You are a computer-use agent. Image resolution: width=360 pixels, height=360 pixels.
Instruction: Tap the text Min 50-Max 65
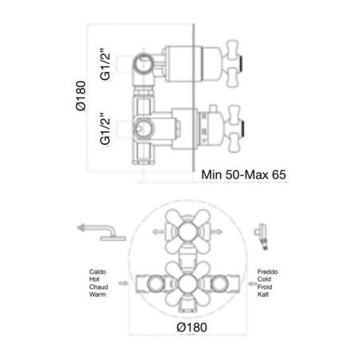(243, 173)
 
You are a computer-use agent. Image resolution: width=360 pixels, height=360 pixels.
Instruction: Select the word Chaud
(99, 288)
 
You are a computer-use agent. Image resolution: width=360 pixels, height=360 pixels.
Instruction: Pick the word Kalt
(264, 295)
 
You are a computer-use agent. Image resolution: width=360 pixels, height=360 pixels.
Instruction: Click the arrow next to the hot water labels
(122, 282)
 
